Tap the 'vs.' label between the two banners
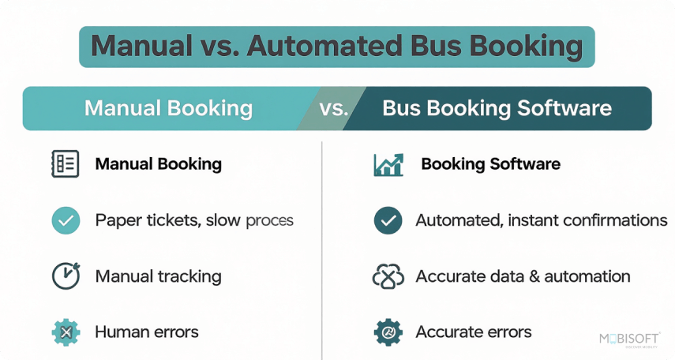(x=334, y=108)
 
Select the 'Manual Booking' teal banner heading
(x=168, y=108)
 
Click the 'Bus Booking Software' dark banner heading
(x=497, y=108)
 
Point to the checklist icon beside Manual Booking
(x=65, y=164)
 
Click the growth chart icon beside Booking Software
(x=388, y=164)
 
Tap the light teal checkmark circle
(x=66, y=220)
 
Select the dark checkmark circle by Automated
(x=388, y=220)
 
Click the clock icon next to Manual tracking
(x=65, y=276)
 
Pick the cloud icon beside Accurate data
(x=388, y=276)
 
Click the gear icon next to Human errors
(x=66, y=332)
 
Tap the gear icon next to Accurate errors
(x=388, y=332)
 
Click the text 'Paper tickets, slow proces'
(x=194, y=220)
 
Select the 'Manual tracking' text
(x=158, y=276)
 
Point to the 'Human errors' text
(x=147, y=332)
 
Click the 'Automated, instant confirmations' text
(x=541, y=220)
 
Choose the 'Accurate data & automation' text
(x=523, y=276)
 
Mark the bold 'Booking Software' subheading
(x=490, y=164)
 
